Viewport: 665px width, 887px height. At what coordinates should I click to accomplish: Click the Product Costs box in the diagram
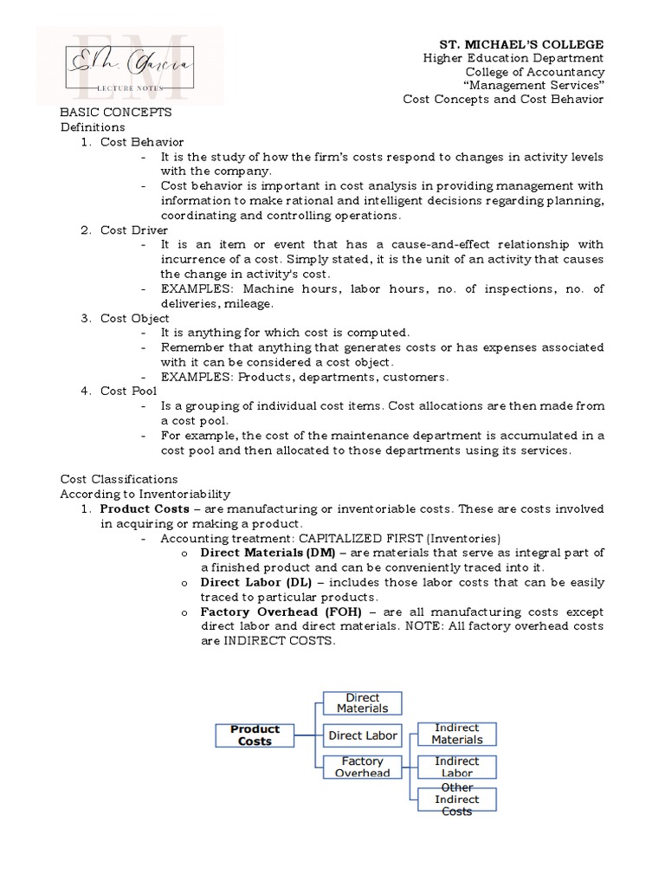[x=255, y=735]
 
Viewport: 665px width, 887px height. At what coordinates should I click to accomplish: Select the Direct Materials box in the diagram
[x=362, y=703]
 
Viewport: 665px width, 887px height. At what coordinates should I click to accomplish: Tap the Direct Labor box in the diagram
[x=362, y=735]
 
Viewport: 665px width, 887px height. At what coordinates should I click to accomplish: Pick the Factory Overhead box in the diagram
[x=362, y=767]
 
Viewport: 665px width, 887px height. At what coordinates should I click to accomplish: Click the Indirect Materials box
[x=456, y=734]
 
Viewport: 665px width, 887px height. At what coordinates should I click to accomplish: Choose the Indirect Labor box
[x=456, y=767]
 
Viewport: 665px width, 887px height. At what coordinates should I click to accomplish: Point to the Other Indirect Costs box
[x=456, y=799]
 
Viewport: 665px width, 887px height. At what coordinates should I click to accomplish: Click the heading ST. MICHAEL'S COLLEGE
[x=521, y=44]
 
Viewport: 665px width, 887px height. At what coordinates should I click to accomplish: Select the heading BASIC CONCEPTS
[x=115, y=113]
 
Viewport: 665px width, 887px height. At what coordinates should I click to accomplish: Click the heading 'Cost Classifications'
[x=119, y=479]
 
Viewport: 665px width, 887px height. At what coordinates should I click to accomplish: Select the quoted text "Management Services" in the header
[x=533, y=85]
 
